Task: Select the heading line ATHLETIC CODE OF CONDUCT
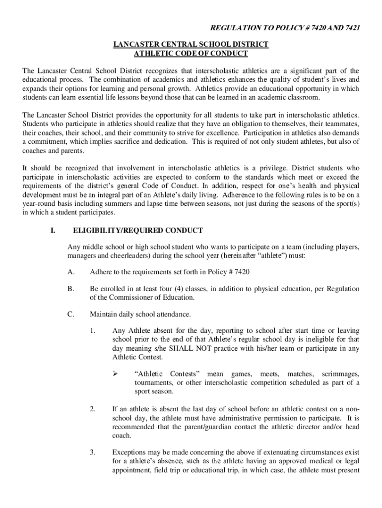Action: pos(191,54)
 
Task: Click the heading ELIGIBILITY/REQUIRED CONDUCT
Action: pos(137,230)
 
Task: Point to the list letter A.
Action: pos(71,272)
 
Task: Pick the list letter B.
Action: pos(71,289)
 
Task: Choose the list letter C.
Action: pos(71,314)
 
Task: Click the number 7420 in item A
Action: pos(242,272)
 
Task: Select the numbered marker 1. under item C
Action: pos(93,331)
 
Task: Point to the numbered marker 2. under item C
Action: pos(93,409)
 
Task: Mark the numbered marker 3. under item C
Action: pos(93,452)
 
